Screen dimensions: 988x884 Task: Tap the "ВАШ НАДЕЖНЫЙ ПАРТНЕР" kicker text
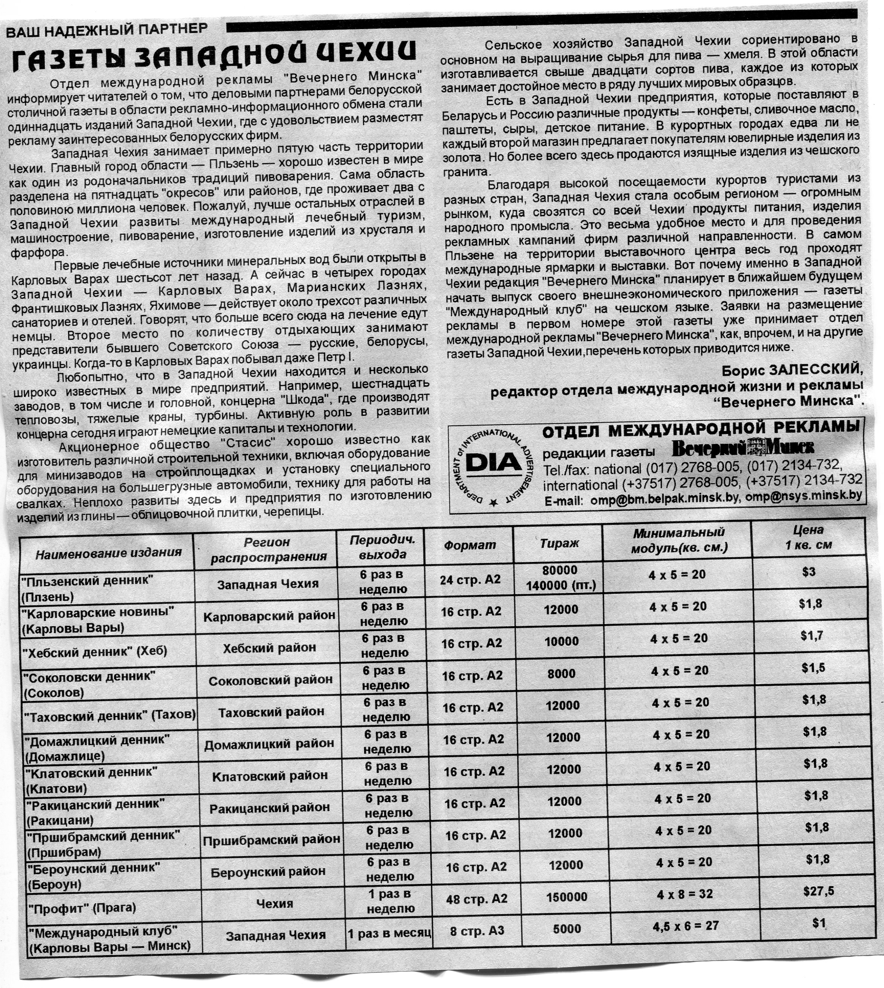pos(106,30)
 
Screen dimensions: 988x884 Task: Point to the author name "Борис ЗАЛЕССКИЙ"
pos(792,370)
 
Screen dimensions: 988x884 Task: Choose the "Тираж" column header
pos(559,543)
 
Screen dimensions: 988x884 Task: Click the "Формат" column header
pos(469,545)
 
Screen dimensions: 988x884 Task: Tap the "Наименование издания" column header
pos(108,553)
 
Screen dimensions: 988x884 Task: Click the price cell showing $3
pos(809,572)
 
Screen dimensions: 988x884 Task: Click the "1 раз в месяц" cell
pos(389,933)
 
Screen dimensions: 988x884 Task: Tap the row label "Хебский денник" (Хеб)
pos(95,651)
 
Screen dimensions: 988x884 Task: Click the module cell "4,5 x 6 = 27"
pos(685,925)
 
